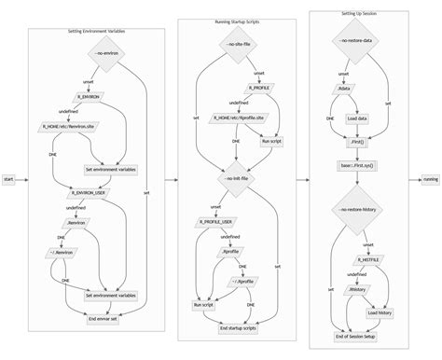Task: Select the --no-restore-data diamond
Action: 362,42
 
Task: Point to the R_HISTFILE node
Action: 373,259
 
